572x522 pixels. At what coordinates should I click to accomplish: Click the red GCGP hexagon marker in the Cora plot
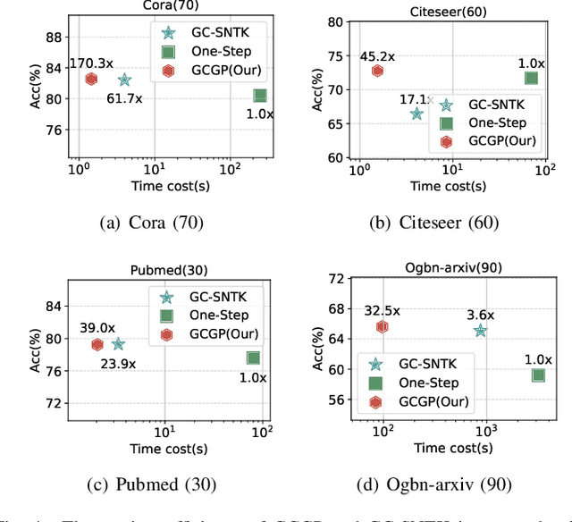click(91, 79)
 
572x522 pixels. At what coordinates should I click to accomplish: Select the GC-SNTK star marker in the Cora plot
click(124, 80)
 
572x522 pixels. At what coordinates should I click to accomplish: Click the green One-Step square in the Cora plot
click(259, 96)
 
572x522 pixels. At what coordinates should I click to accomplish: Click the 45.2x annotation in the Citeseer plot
click(377, 56)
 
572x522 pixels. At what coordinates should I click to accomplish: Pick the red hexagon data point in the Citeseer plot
click(378, 71)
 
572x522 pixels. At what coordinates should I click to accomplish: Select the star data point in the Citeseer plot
click(416, 114)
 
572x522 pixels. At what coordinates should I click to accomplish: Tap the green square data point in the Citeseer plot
click(531, 79)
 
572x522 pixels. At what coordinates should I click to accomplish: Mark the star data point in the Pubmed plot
click(118, 344)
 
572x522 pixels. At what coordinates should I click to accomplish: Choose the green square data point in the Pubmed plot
click(254, 358)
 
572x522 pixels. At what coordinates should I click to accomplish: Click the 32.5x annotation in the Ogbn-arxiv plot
click(383, 311)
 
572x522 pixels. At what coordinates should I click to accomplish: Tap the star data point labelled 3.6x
click(481, 331)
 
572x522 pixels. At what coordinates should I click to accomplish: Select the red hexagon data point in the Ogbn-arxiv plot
click(383, 327)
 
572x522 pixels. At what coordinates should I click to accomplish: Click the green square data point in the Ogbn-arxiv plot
click(538, 375)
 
